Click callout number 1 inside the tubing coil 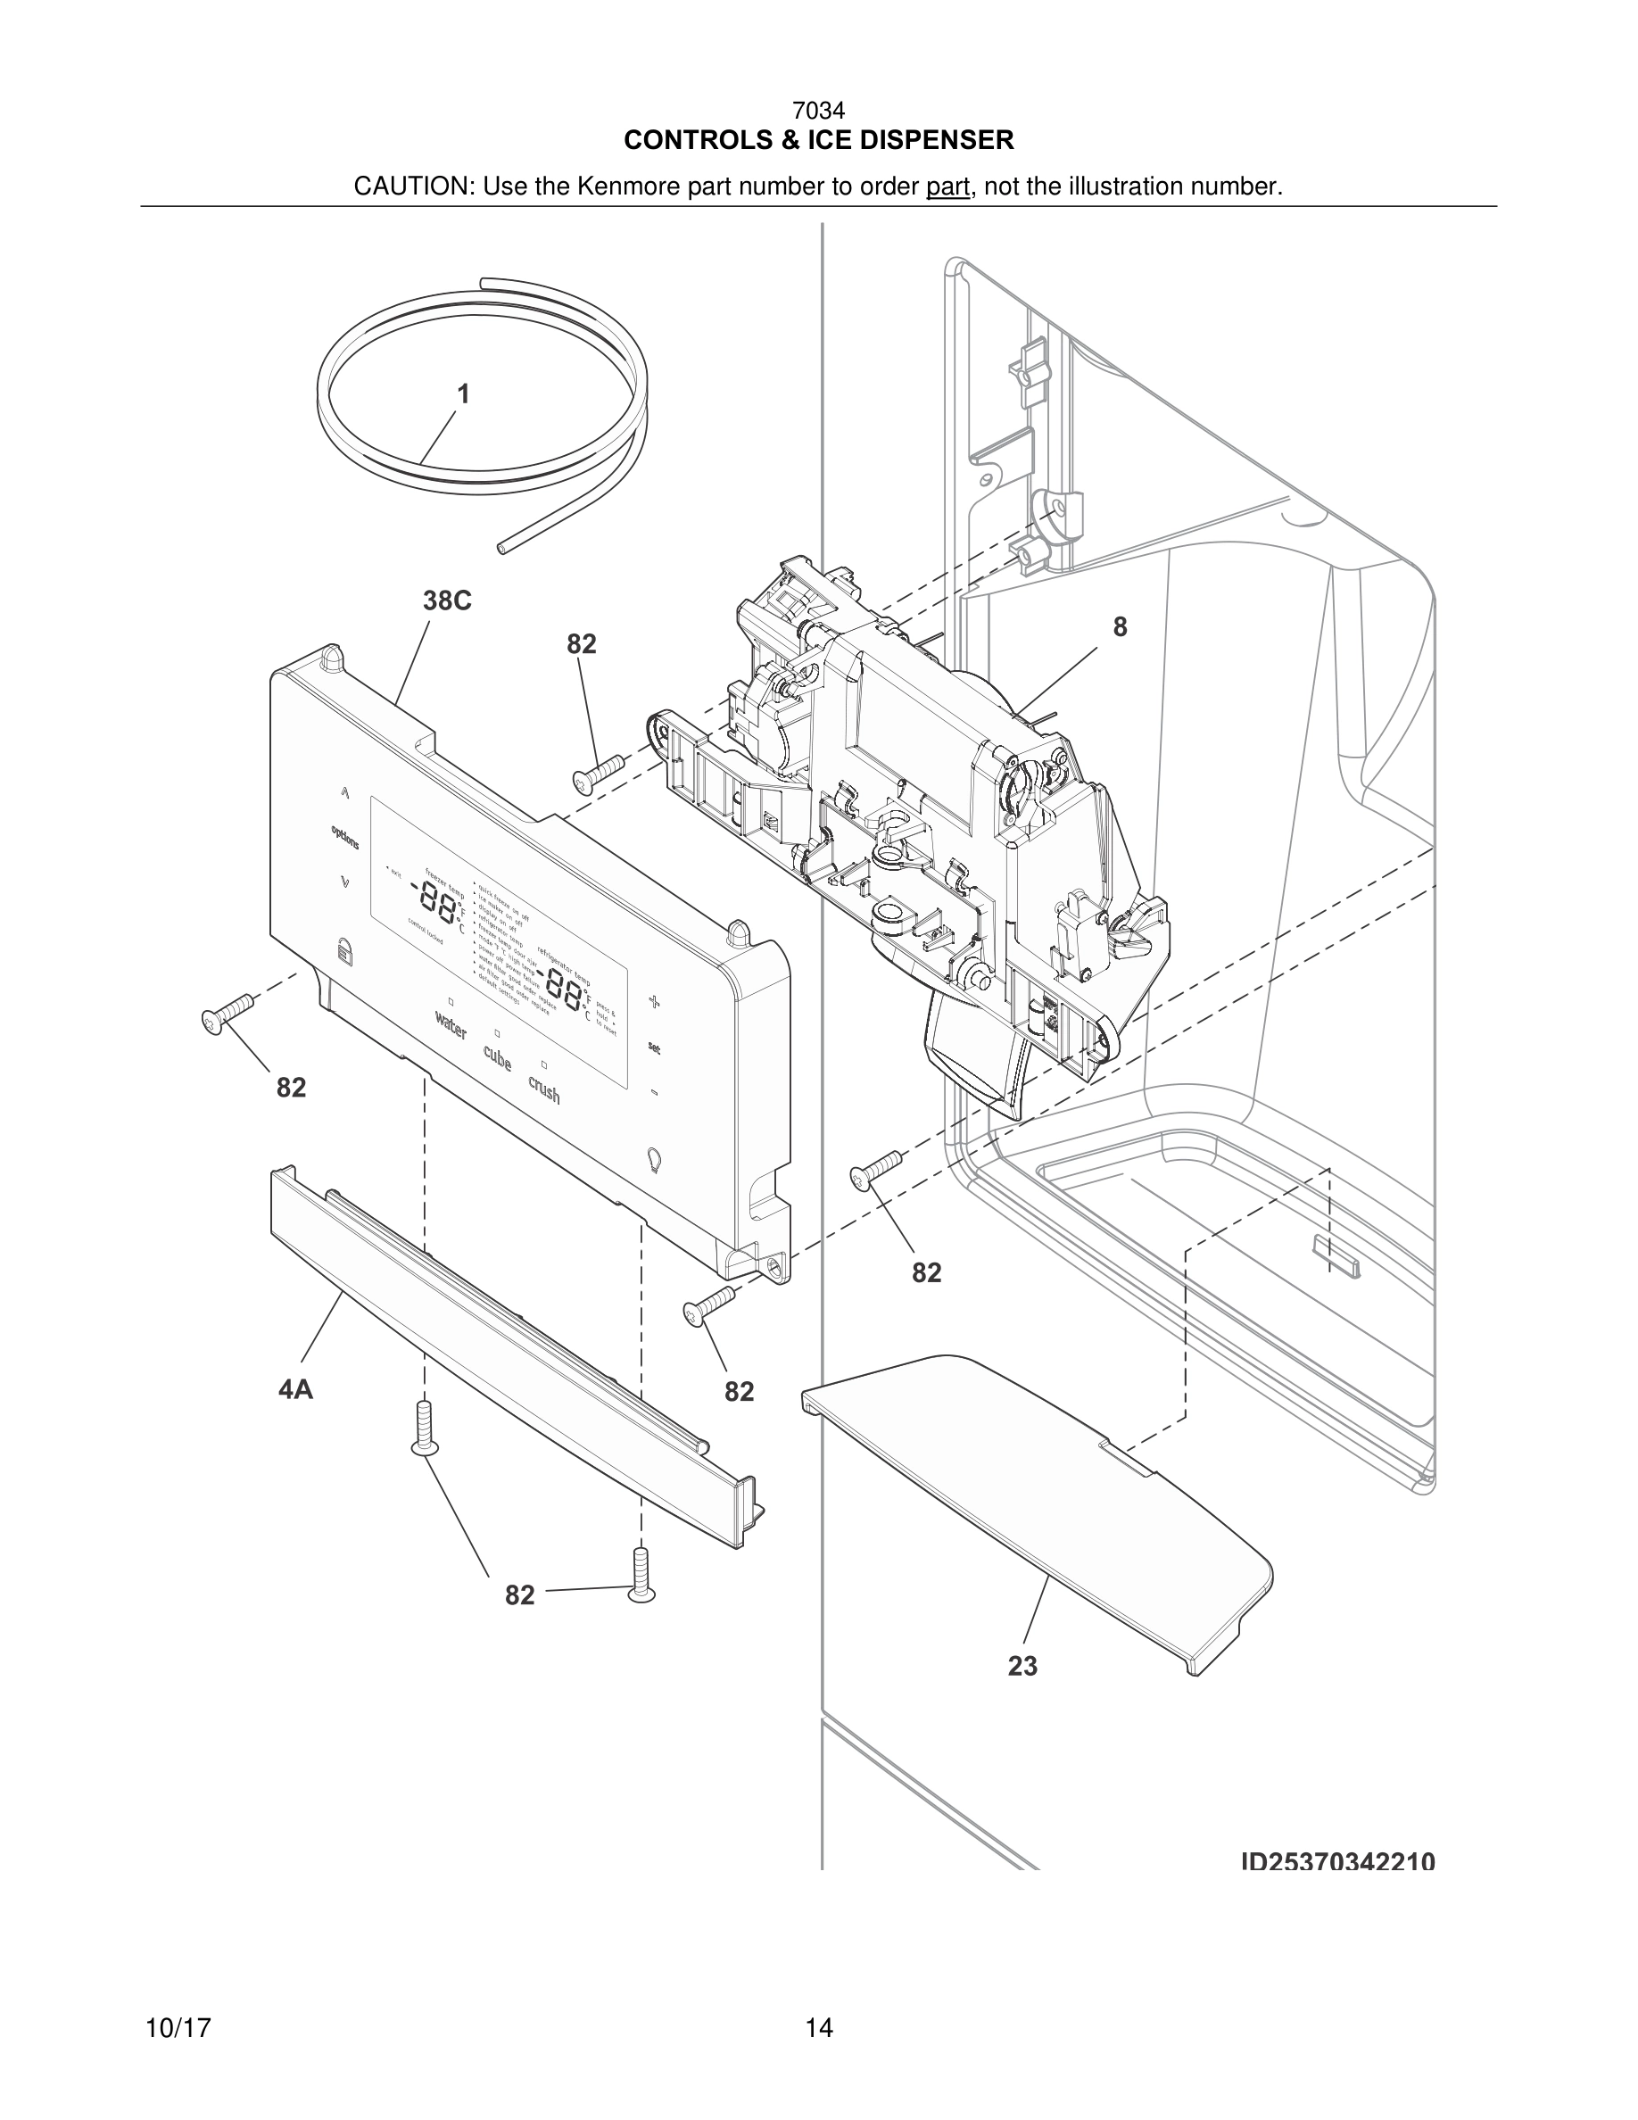coord(463,394)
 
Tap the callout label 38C coord(446,600)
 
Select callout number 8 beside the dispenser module coord(1119,627)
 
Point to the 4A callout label coord(296,1390)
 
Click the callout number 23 coord(1022,1666)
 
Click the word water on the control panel coord(451,1025)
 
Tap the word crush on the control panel coord(544,1089)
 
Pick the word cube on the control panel coord(497,1058)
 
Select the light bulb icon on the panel coord(654,1158)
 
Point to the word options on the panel coord(344,837)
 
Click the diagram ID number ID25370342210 coord(1337,1862)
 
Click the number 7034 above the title coord(818,112)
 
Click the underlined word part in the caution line coord(947,186)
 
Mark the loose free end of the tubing coord(500,549)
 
